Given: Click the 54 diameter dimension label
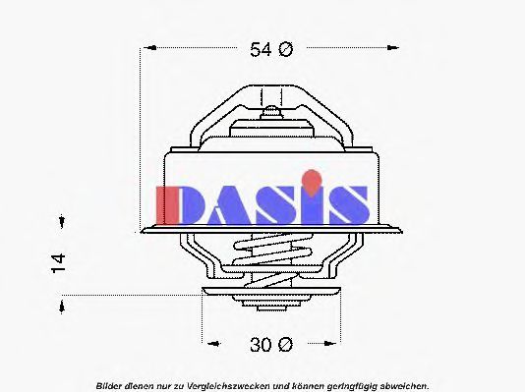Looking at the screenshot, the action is coord(271,49).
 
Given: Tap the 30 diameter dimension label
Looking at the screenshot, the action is coord(271,345).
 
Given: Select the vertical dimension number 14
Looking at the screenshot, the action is coord(58,263).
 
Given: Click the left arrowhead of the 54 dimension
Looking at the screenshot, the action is coord(150,48).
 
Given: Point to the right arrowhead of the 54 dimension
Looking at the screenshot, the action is coord(392,48).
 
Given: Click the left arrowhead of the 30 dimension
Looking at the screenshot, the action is coord(213,344).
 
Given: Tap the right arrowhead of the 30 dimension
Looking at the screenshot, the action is coord(329,344).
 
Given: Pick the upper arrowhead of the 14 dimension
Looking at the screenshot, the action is coord(62,221).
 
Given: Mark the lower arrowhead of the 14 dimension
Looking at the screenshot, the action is coord(62,307).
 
